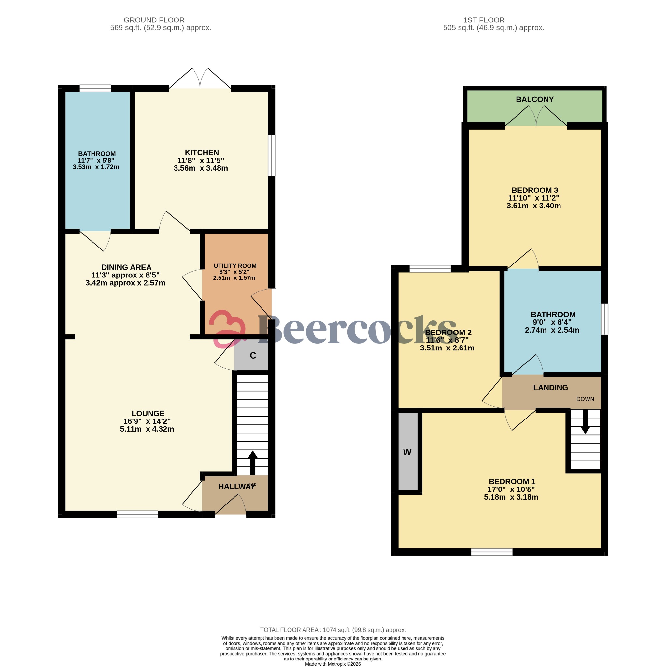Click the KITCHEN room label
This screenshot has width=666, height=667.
click(x=202, y=153)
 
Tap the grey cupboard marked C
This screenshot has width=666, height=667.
click(x=252, y=356)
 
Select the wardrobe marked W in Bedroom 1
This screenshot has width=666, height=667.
click(x=407, y=452)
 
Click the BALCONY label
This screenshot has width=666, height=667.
click(x=534, y=99)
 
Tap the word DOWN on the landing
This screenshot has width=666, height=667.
click(x=585, y=399)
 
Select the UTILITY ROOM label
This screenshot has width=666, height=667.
click(x=235, y=266)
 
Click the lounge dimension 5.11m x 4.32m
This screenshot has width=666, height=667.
click(x=147, y=429)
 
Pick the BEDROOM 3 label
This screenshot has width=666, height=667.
click(x=534, y=190)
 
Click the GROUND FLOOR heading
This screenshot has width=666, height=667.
click(x=154, y=20)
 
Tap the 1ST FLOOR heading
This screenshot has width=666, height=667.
click(x=484, y=20)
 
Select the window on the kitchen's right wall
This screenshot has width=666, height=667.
click(x=272, y=155)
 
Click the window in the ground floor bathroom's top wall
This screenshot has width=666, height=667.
click(x=95, y=88)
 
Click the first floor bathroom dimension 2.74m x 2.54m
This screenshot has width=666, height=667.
click(x=552, y=330)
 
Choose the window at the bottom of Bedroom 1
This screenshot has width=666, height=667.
click(x=491, y=552)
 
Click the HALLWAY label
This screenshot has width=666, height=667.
click(x=236, y=487)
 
